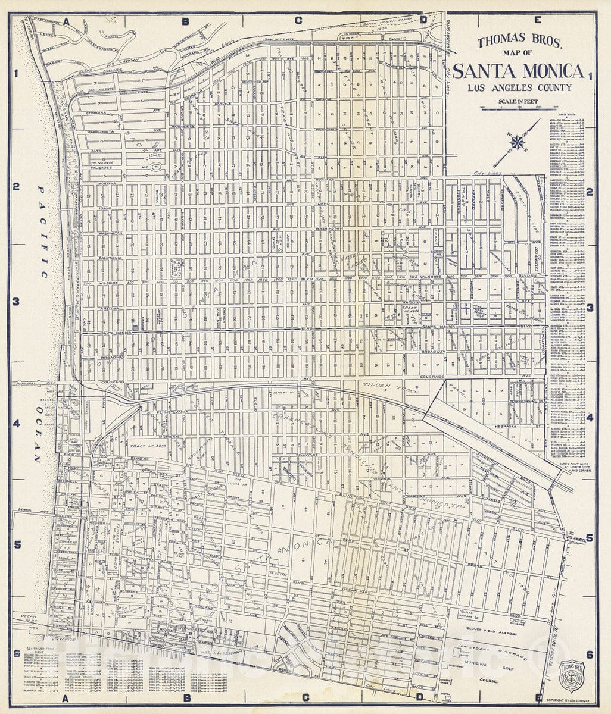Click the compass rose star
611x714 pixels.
[518, 142]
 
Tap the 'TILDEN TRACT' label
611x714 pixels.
[390, 388]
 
